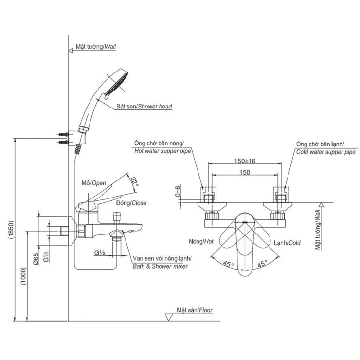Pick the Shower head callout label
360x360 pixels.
point(144,106)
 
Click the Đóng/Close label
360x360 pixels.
point(131,203)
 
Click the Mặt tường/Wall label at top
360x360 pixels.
point(95,48)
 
